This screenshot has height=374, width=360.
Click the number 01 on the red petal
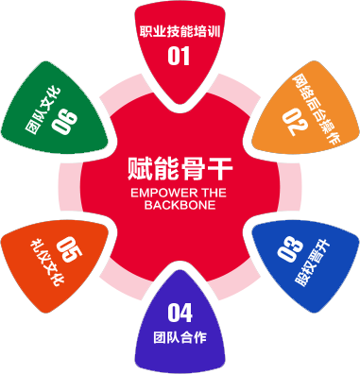179,56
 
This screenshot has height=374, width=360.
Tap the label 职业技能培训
180,32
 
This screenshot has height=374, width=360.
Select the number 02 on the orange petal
295,122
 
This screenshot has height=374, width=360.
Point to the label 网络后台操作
317,109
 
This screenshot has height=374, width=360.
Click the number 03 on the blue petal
290,249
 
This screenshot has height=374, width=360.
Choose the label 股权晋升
313,263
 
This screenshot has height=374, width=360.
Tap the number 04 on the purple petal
180,313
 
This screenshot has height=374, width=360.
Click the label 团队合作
180,337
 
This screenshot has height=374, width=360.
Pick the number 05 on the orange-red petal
69,249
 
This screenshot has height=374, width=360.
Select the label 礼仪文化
47,263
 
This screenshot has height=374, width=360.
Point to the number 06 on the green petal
64,122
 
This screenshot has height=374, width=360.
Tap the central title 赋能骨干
180,169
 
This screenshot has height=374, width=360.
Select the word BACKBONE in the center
180,205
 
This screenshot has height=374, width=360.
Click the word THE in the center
212,193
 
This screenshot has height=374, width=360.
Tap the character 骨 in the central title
194,169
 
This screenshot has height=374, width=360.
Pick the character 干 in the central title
220,169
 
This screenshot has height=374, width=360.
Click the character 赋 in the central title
140,169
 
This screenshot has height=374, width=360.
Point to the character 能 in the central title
166,169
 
